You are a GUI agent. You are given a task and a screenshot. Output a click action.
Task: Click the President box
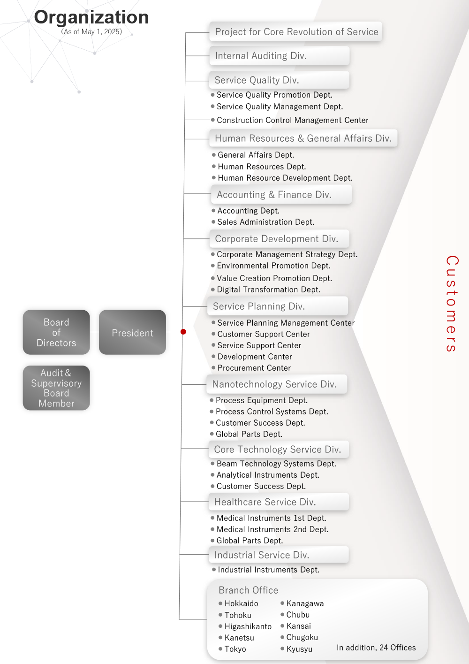132,332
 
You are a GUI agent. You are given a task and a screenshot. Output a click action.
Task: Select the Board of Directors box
56,332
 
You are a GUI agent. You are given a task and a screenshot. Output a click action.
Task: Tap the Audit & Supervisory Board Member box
56,388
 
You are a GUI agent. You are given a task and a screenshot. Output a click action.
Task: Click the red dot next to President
183,332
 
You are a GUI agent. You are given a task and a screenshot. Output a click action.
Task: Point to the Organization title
91,17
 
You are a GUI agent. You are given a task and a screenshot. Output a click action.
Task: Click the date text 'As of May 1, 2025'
91,32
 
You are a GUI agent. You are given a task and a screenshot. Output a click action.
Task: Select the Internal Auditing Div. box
279,56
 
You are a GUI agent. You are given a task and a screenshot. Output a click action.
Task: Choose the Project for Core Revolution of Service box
296,32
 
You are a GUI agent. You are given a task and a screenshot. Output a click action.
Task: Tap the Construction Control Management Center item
292,120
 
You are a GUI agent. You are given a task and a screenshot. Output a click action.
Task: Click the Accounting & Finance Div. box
280,195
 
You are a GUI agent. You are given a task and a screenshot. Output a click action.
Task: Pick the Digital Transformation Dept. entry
268,290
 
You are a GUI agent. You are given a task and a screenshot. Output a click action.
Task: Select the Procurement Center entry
254,368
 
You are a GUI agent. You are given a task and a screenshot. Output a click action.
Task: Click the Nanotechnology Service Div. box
276,384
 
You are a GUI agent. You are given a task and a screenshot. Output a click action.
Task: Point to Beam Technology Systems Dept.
276,464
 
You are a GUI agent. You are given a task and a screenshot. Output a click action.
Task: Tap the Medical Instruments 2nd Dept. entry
272,529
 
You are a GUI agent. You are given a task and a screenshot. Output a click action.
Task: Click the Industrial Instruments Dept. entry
268,570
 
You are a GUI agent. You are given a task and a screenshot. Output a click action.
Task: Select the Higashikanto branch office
248,626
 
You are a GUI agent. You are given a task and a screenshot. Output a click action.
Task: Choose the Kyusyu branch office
299,649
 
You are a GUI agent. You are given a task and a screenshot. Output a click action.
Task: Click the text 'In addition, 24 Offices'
376,648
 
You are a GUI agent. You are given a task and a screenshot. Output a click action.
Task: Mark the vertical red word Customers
452,304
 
